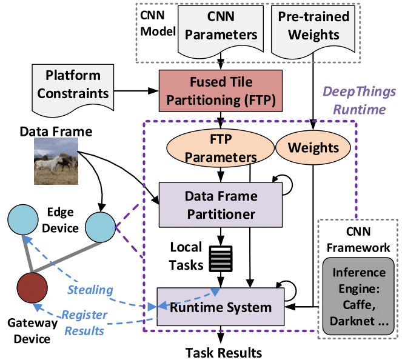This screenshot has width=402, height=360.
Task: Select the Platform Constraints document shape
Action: tap(72, 85)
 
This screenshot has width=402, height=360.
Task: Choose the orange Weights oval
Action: tap(313, 148)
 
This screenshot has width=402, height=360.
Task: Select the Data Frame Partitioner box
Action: tap(221, 205)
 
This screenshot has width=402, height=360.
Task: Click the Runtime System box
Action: tap(221, 307)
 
